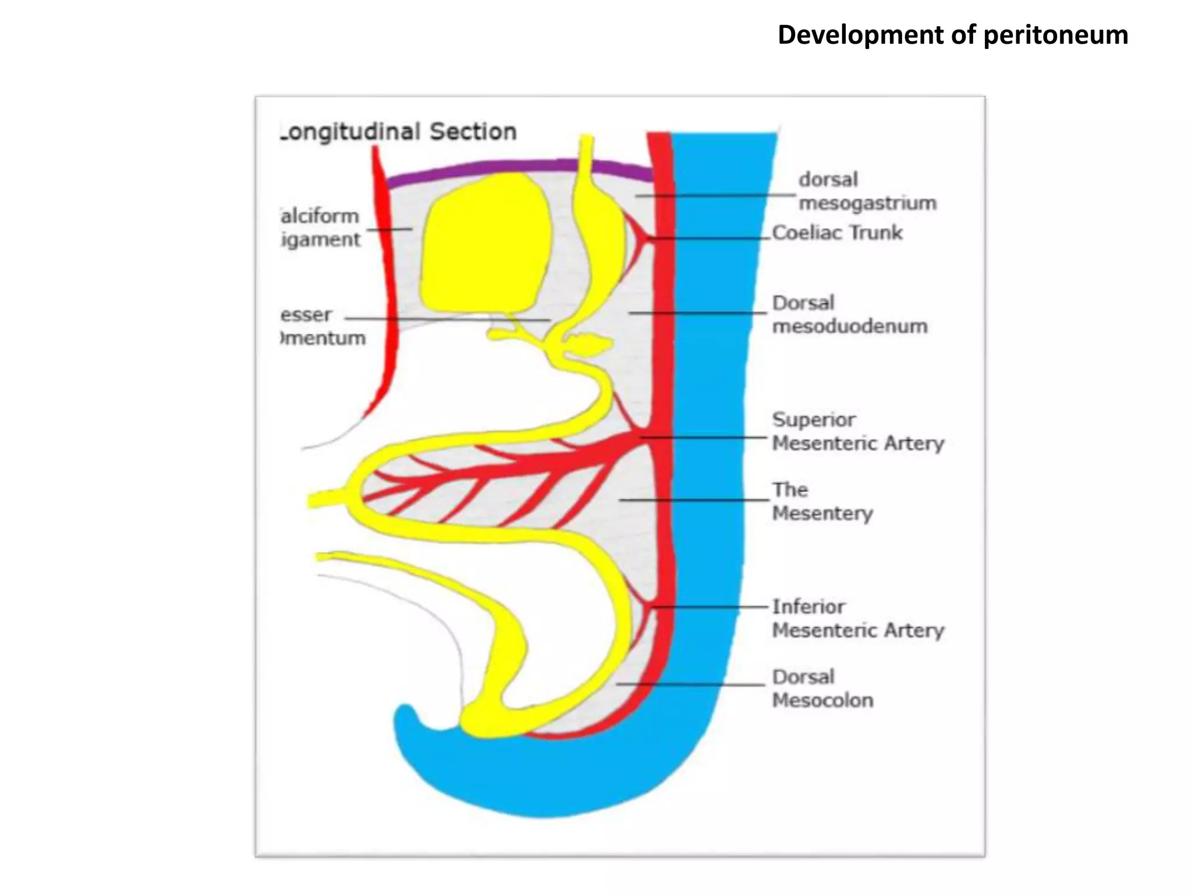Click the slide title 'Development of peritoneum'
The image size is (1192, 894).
(953, 35)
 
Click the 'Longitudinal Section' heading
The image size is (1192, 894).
(399, 132)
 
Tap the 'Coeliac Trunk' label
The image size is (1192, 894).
(837, 233)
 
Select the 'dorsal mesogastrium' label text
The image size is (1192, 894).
(867, 191)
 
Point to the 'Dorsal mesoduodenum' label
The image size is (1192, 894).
(849, 314)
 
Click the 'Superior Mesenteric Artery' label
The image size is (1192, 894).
(857, 431)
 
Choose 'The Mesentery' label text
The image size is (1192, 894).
(822, 501)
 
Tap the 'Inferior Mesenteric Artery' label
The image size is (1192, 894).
(857, 618)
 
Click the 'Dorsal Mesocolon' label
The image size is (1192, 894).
(822, 688)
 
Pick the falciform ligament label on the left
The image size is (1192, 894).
(320, 228)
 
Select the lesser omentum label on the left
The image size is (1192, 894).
(323, 326)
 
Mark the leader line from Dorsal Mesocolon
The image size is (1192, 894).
(693, 684)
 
